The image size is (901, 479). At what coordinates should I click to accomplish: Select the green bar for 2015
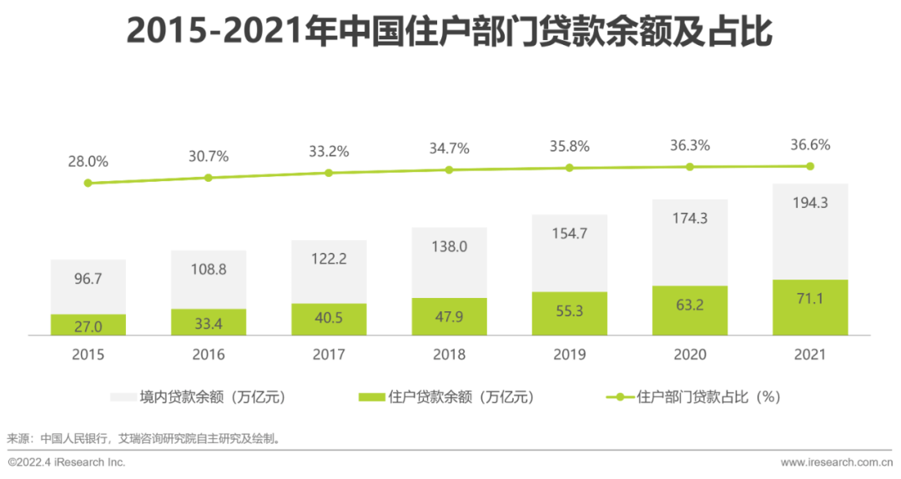pos(88,325)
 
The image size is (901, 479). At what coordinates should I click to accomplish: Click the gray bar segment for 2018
pos(449,262)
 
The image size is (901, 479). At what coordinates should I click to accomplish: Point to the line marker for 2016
pos(209,178)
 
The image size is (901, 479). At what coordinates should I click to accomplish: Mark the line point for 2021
pos(809,166)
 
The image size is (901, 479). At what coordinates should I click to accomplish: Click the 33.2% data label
pos(329,152)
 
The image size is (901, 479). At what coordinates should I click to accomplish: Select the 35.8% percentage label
pos(569,146)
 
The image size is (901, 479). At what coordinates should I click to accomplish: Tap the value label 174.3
pos(689,218)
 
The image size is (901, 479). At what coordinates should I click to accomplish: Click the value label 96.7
pos(88,279)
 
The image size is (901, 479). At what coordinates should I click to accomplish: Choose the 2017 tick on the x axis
pos(329,355)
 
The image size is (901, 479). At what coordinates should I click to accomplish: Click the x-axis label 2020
pos(689,355)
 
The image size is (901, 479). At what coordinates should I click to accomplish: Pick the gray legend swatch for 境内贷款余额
pos(123,397)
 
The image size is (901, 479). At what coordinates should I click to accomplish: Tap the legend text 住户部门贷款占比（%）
pos(708,397)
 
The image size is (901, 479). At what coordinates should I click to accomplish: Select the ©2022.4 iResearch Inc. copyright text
pos(67,461)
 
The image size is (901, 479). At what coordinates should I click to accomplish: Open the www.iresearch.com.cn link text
pos(837,461)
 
